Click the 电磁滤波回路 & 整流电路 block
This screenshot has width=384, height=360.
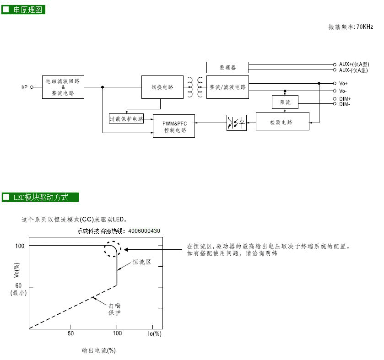pos(63,87)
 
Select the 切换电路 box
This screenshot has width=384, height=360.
pos(162,87)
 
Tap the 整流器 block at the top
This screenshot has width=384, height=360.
pos(227,67)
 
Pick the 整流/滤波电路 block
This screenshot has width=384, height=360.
pos(227,87)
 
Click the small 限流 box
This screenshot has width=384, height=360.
pos(285,102)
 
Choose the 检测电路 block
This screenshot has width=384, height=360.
pos(283,122)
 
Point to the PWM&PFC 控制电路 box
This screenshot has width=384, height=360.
pos(174,126)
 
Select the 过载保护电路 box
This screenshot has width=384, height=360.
pos(126,118)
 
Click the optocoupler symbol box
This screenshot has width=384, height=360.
pos(236,123)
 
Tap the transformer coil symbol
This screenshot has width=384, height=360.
pos(200,87)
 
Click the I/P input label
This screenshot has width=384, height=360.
pos(24,87)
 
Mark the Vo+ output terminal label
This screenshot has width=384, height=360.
pos(343,83)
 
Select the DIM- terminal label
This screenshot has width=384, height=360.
pos(345,104)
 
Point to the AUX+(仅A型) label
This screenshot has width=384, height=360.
pos(353,64)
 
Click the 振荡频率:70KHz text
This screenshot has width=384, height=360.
pos(351,27)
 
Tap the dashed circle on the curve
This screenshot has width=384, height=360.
pos(113,249)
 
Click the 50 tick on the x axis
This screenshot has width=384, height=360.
pos(70,333)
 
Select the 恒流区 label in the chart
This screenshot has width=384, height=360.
pos(141,262)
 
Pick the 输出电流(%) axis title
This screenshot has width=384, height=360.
pos(98,350)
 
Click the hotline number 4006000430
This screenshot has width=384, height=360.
pos(144,231)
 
